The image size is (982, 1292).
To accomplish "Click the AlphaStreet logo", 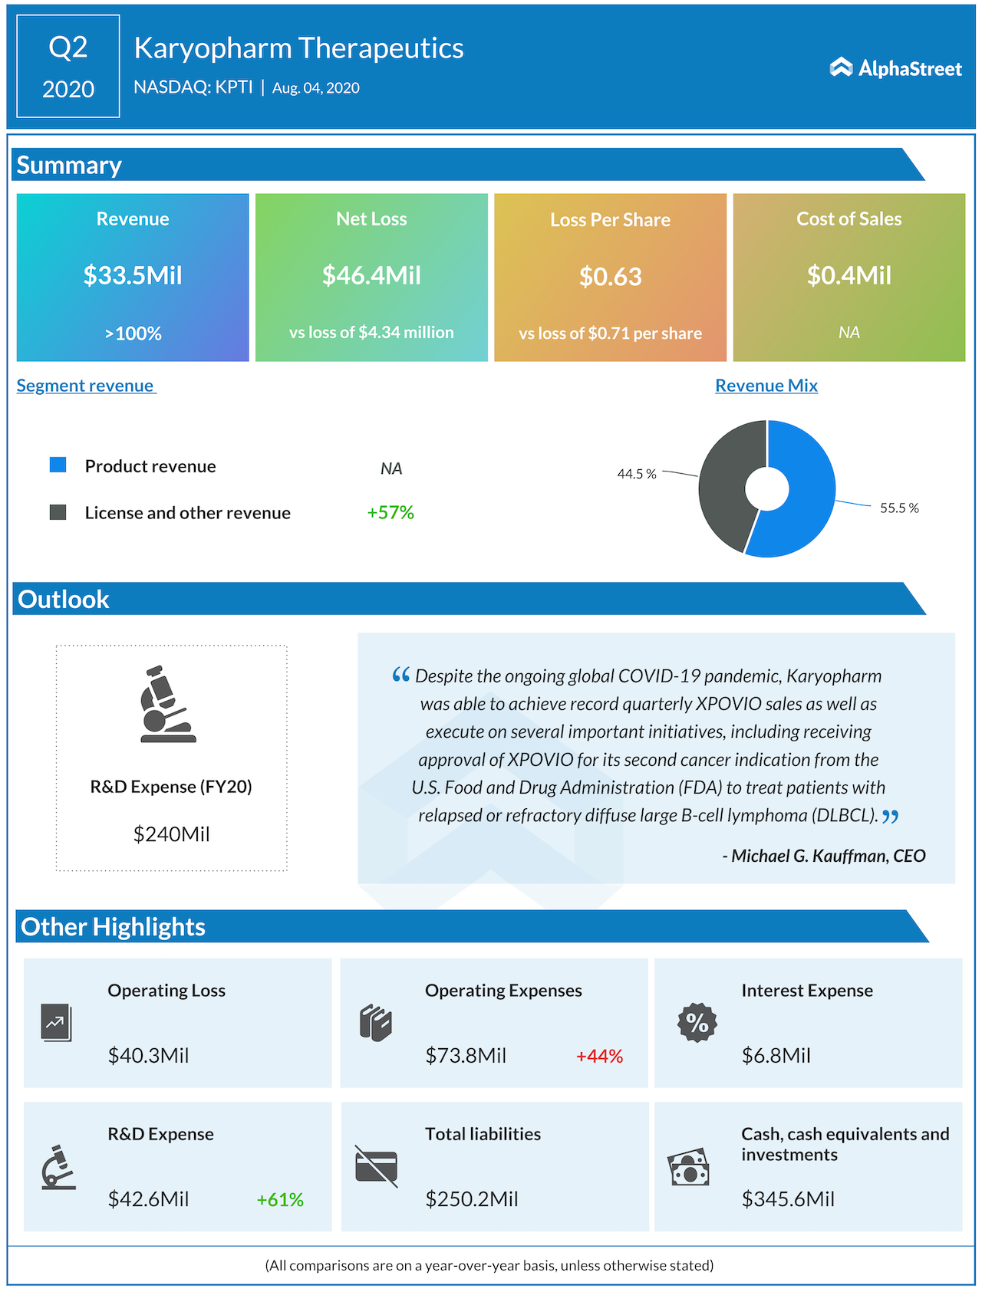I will point(895,68).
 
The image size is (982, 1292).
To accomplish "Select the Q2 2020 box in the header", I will point(68,67).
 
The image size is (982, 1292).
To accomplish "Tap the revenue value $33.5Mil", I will point(133,275).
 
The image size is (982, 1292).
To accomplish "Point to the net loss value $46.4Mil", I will point(371,275).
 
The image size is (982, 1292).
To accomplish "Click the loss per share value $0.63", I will point(610,277).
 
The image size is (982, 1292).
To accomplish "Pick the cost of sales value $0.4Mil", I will point(849,275).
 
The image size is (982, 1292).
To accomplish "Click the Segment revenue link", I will point(85,386).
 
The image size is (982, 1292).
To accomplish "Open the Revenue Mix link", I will point(766,386).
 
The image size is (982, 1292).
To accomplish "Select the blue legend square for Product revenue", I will point(58,465).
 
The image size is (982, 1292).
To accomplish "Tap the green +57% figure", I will point(390,512).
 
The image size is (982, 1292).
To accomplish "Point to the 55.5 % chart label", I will point(899,508).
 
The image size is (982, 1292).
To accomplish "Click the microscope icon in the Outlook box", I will point(166,705).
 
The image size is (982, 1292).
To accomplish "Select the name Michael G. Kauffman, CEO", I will point(824,856).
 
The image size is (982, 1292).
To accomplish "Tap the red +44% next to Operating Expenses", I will point(599,1057).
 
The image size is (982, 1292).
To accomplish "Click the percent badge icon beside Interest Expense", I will point(697,1022).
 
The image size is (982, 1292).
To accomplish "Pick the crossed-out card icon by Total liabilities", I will point(376,1166).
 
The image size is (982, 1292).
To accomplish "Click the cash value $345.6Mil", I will point(788,1199).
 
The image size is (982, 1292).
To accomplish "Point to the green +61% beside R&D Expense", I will point(280,1200).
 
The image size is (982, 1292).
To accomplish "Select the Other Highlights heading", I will point(114,927).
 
